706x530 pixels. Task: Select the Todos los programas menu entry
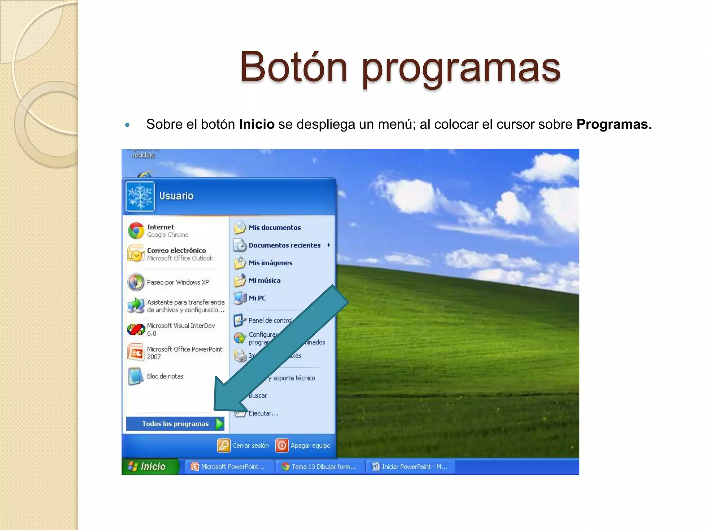pyautogui.click(x=175, y=424)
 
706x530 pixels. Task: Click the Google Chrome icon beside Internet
pyautogui.click(x=136, y=231)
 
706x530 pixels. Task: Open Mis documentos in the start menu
pyautogui.click(x=274, y=228)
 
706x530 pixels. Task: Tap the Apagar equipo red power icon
pyautogui.click(x=282, y=445)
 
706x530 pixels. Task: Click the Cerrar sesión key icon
pyautogui.click(x=223, y=445)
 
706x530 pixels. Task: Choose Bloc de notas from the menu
pyautogui.click(x=165, y=376)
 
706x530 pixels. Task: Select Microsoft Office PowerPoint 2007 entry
pyautogui.click(x=184, y=353)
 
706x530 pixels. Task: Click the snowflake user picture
pyautogui.click(x=140, y=196)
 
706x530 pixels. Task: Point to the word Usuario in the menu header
pyautogui.click(x=176, y=196)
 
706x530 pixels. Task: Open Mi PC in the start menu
pyautogui.click(x=257, y=298)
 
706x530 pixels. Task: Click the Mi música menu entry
pyautogui.click(x=264, y=281)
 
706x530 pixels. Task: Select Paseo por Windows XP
pyautogui.click(x=178, y=282)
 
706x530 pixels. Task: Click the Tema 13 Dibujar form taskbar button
pyautogui.click(x=320, y=467)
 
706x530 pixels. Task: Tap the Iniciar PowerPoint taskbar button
pyautogui.click(x=410, y=467)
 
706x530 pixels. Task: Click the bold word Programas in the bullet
pyautogui.click(x=614, y=124)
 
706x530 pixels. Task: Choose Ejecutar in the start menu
pyautogui.click(x=263, y=413)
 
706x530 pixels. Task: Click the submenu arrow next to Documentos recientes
pyautogui.click(x=329, y=245)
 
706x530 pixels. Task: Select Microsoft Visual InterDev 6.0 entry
pyautogui.click(x=180, y=329)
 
